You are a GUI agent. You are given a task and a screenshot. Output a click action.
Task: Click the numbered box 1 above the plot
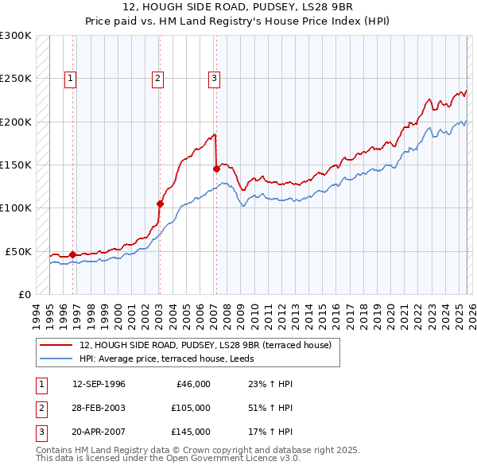[x=71, y=78]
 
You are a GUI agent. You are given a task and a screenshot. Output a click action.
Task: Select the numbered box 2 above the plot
[x=158, y=78]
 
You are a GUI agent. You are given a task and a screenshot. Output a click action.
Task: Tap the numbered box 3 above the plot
[x=215, y=78]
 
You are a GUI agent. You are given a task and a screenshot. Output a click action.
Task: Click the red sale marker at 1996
[x=73, y=254]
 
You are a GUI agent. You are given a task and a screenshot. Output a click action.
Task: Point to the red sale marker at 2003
[x=160, y=203]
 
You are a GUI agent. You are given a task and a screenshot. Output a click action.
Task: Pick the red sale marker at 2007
[x=216, y=169]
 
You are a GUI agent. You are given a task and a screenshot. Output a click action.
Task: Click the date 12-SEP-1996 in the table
[x=99, y=384]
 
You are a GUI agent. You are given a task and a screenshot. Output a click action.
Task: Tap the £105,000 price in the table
[x=191, y=408]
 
